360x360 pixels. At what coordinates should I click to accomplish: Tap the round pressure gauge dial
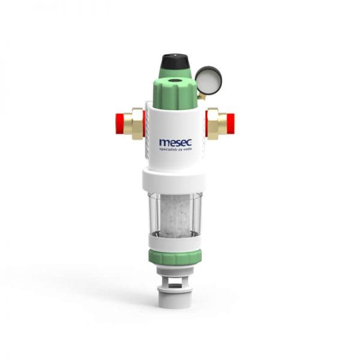pos(209,80)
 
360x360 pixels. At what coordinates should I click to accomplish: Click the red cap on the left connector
pos(121,124)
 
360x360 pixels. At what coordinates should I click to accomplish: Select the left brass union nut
pos(136,124)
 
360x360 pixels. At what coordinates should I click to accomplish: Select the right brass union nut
pos(215,124)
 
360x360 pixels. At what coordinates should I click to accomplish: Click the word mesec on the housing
pos(176,142)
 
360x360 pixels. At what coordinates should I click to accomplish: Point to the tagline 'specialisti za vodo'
pos(176,149)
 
